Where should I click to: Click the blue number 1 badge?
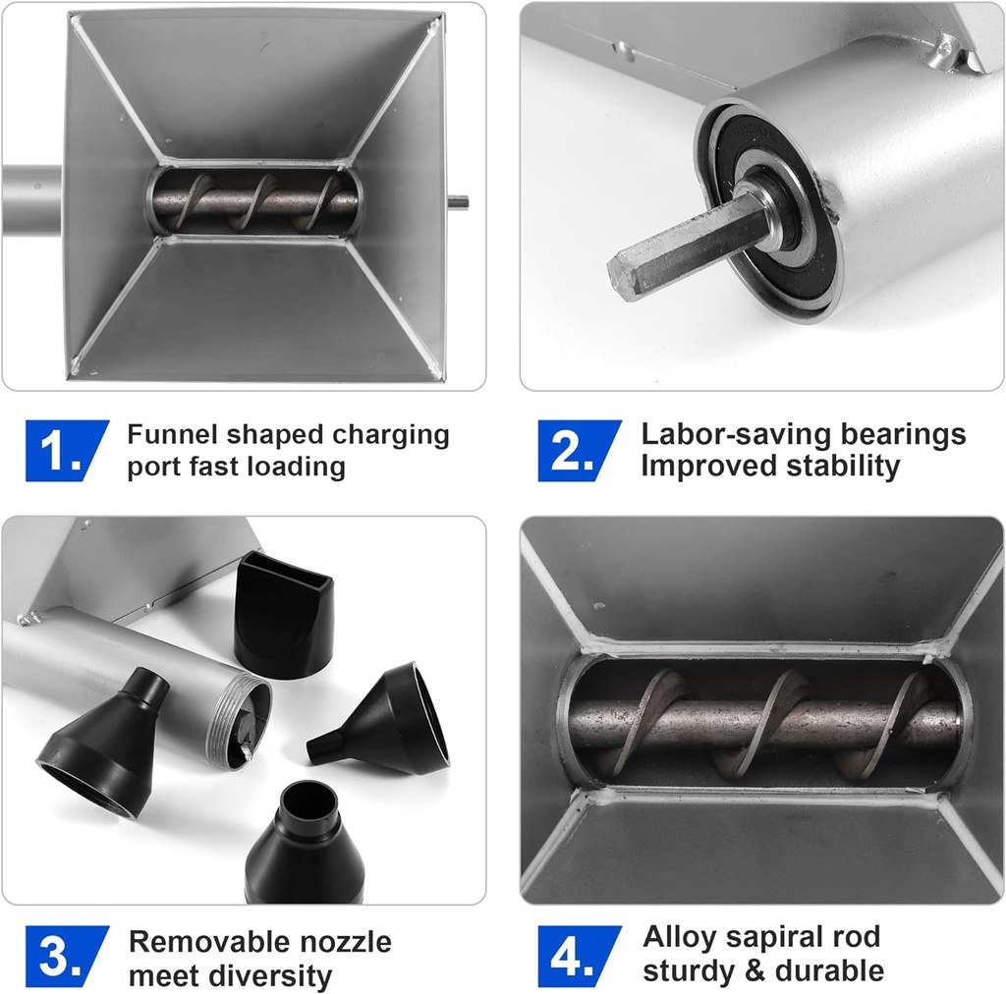click(66, 450)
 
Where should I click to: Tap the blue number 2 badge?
click(579, 450)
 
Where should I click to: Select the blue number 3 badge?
click(66, 957)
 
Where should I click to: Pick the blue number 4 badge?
click(579, 957)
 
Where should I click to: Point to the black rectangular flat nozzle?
click(283, 614)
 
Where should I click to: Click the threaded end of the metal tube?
click(239, 716)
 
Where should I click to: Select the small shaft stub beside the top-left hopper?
click(458, 202)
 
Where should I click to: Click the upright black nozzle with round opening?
click(305, 844)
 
